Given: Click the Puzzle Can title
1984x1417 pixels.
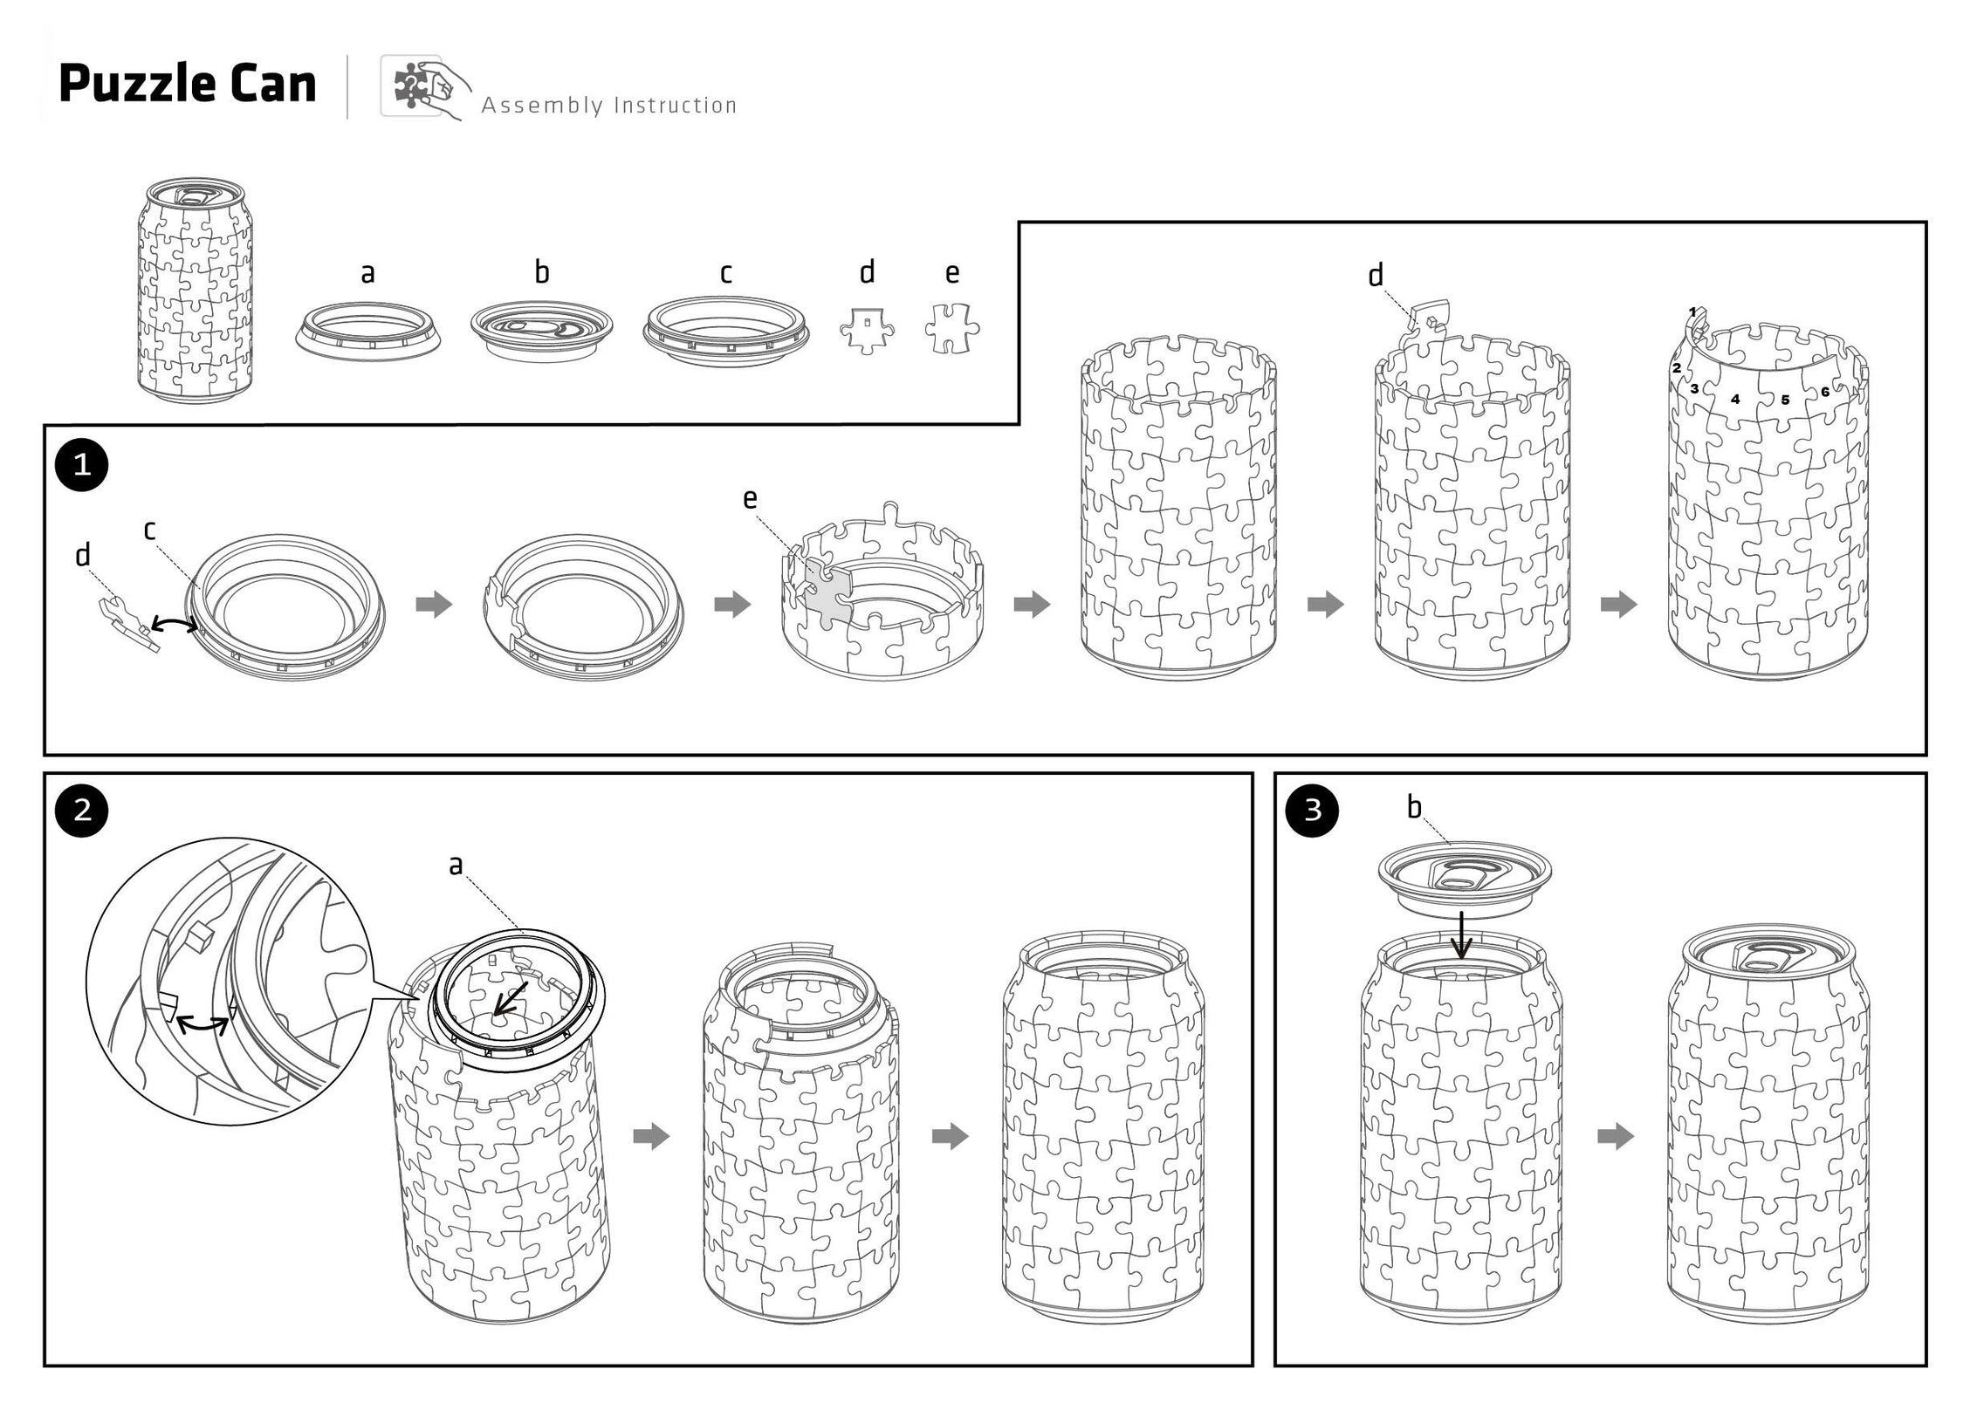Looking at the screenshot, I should click(187, 85).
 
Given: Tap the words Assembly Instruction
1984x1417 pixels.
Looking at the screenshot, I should click(608, 106).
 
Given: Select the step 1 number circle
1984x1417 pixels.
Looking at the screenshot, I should click(82, 465).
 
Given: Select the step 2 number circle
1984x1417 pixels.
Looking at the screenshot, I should click(82, 811).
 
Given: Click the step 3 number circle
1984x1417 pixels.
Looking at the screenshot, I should click(1312, 811).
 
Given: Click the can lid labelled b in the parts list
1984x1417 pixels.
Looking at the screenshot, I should click(541, 330).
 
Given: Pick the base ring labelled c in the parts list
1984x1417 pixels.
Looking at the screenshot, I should click(725, 329).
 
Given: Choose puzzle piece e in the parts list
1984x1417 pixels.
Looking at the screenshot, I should click(951, 329).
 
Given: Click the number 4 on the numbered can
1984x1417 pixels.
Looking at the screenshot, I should click(1735, 399).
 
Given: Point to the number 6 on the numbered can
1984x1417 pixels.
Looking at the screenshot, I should click(1824, 392).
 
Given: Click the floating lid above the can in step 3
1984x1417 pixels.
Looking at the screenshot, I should click(1464, 873).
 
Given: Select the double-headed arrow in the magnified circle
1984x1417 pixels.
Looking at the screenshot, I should click(203, 1026).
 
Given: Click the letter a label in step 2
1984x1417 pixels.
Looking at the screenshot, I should click(455, 865).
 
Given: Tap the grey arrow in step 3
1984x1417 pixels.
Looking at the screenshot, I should click(1615, 1136).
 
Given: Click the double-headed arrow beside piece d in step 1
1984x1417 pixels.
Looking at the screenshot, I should click(172, 622).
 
